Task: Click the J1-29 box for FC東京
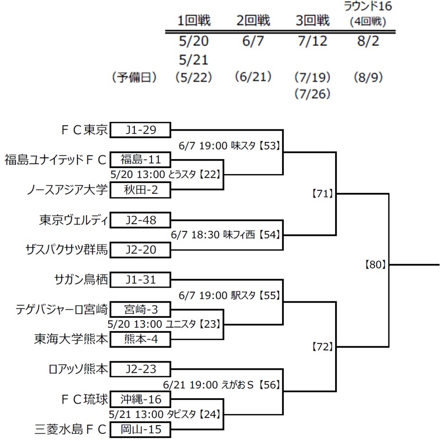pos(140,130)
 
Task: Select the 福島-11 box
pos(140,160)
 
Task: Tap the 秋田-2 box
pos(140,190)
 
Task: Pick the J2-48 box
pos(140,220)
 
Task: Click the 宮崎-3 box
pos(140,309)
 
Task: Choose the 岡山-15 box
pos(140,429)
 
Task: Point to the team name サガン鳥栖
pos(81,280)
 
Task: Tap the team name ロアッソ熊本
pos(78,369)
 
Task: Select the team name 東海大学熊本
pos(71,339)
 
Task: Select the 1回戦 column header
pos(194,21)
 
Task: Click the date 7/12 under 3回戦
pos(313,41)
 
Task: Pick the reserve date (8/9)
pos(368,78)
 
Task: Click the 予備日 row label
pos(134,78)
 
